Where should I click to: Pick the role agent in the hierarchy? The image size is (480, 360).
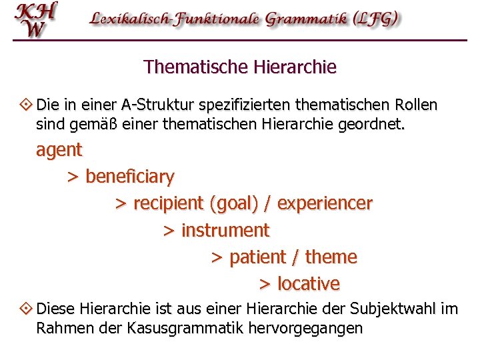click(59, 150)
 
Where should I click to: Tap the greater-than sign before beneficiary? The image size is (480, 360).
click(73, 177)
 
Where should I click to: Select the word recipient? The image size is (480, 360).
click(169, 203)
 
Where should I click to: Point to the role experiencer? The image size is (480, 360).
click(325, 203)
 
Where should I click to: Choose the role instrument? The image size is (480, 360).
click(225, 231)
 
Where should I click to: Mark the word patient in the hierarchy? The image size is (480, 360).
click(257, 257)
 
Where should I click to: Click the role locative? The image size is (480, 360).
click(308, 284)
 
